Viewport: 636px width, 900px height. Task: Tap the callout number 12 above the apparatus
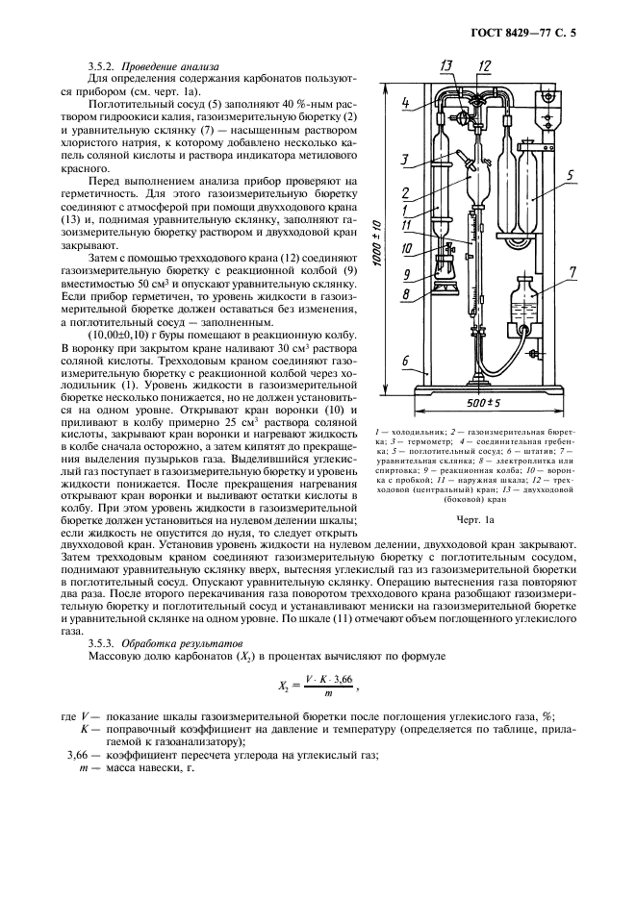485,64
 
